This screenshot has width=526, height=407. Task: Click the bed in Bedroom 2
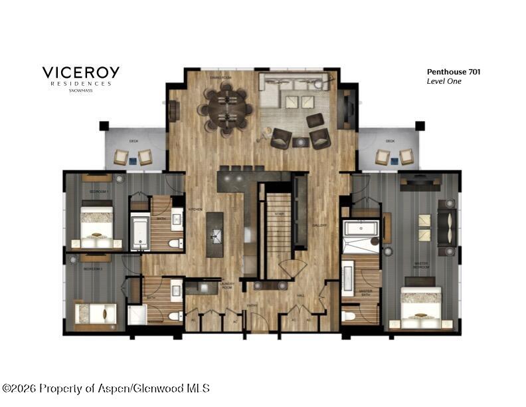click(x=95, y=314)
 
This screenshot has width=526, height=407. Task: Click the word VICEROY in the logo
click(x=81, y=72)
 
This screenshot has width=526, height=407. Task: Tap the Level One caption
click(x=443, y=81)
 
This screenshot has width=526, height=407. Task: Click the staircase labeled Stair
click(x=278, y=226)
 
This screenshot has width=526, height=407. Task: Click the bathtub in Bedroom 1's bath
click(x=140, y=232)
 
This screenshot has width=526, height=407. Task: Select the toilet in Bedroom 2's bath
click(x=175, y=315)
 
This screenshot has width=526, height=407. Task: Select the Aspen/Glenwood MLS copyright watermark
click(x=106, y=388)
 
